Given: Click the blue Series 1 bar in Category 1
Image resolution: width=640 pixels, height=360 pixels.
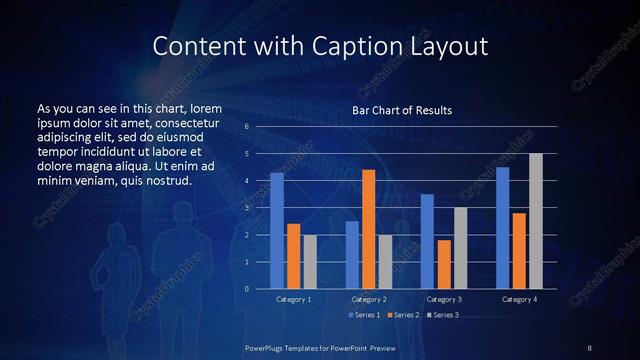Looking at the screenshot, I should click(x=277, y=231).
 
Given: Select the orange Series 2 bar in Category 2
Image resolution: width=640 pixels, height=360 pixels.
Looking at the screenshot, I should click(x=368, y=229).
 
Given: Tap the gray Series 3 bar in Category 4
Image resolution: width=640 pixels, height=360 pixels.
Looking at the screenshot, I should click(x=536, y=221).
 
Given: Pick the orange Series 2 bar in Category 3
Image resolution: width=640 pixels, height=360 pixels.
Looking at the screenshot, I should click(x=444, y=264).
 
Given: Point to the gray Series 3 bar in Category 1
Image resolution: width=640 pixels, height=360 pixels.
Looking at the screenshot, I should click(x=310, y=262).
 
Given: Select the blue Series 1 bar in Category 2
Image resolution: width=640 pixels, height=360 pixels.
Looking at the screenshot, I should click(x=352, y=255).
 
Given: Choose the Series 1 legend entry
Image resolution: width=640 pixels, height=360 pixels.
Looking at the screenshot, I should click(x=367, y=315).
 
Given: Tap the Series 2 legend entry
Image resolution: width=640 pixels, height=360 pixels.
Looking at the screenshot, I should click(x=404, y=315).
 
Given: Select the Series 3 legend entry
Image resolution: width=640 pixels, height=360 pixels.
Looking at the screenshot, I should click(x=442, y=315).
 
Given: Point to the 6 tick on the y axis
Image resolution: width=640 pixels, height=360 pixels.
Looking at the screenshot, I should click(x=246, y=127).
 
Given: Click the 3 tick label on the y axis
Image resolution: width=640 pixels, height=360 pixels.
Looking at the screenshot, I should click(x=246, y=208).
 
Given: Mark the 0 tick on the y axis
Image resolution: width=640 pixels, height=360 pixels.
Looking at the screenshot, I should click(x=246, y=289).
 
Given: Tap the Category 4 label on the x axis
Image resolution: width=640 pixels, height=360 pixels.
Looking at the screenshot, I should click(x=519, y=299).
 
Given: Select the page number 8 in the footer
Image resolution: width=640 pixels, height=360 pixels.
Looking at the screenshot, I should click(x=589, y=347).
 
